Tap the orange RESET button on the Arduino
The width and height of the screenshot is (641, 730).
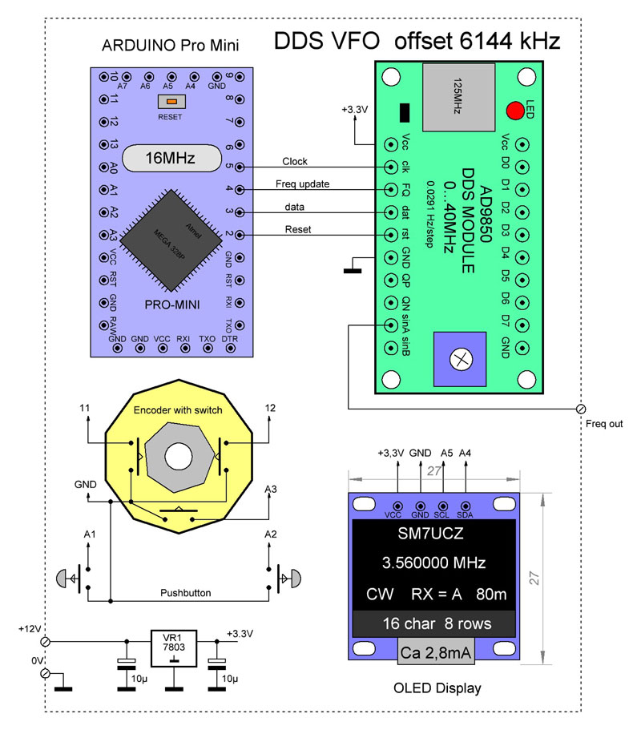[171, 102]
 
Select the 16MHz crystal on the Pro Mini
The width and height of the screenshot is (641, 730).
[170, 158]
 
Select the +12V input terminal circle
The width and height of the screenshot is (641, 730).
[46, 642]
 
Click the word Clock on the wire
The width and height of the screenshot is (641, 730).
[295, 161]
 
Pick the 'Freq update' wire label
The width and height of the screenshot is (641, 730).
[302, 184]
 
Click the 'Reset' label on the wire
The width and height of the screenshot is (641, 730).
[298, 229]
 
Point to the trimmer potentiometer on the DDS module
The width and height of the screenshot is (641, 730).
[460, 358]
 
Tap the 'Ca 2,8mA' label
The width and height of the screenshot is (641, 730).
[436, 653]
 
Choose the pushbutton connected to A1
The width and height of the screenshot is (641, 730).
[70, 575]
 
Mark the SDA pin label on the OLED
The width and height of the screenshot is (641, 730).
[466, 514]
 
